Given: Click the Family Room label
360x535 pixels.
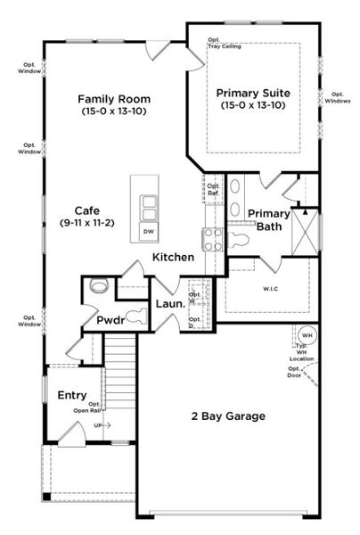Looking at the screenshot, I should [113, 99].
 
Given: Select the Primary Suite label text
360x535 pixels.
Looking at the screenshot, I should [253, 92].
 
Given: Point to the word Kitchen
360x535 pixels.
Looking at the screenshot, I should [173, 257].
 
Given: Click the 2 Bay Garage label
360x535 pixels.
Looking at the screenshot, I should [229, 416].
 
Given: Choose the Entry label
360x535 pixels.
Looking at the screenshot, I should [72, 395].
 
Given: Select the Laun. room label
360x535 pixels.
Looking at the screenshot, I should [170, 304].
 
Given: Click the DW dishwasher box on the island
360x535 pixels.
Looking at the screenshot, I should [148, 232].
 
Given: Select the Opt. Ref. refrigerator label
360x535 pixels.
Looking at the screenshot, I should [213, 189].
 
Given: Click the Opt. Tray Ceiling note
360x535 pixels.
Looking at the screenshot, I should [225, 43].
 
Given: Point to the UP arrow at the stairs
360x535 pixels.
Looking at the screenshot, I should [102, 425].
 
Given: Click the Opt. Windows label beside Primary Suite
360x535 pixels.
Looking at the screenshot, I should [338, 97].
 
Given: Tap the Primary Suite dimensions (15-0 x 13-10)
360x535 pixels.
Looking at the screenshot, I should [253, 105].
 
